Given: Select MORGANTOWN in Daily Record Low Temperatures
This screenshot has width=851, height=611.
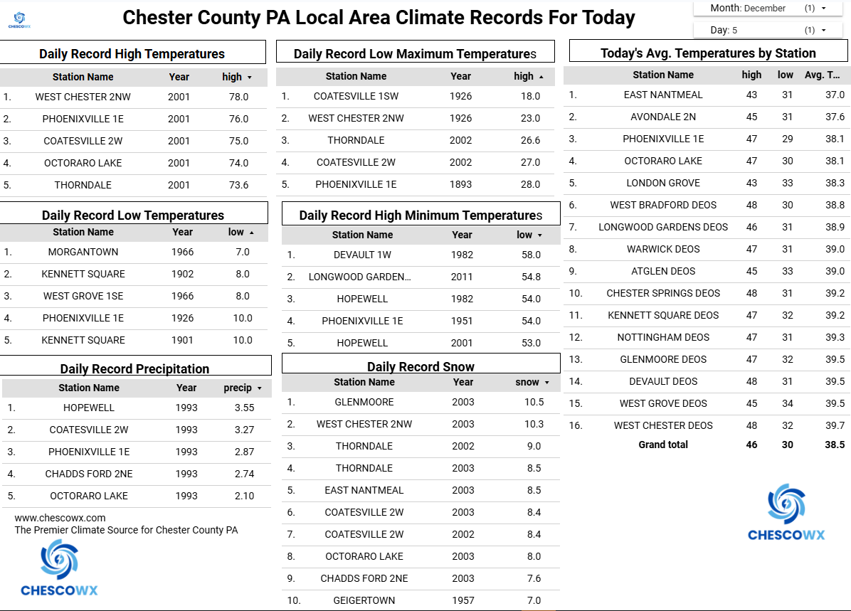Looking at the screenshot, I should pos(83,252).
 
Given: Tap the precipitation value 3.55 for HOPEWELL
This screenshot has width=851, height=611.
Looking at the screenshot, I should pos(244,408).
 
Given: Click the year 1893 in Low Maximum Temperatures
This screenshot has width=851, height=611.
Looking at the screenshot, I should pos(460,184).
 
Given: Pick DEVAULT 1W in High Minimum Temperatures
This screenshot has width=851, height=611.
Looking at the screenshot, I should pos(362,255).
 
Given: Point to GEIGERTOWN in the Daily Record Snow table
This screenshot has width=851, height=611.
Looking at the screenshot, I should pos(364,600).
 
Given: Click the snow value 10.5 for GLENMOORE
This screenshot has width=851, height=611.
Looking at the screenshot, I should pos(534,402).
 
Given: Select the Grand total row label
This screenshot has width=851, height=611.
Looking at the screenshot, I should pos(663,445).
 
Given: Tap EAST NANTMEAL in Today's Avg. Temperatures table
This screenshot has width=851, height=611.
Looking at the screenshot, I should pos(663,95).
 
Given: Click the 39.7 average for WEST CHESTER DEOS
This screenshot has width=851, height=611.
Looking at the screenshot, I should pos(835,425).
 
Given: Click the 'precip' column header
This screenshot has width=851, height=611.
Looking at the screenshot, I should pos(238,388).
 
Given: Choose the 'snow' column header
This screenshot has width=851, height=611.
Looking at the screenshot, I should pos(527,382).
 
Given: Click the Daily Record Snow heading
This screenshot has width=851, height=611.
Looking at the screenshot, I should pos(421,367).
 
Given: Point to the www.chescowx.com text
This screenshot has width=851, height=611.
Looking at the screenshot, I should pos(60,518).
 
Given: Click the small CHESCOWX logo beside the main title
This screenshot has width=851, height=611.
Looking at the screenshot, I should pos(19,19).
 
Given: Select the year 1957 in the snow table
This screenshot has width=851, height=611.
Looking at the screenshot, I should pos(462,600).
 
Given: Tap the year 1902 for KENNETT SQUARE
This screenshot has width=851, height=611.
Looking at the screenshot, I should pos(182,274).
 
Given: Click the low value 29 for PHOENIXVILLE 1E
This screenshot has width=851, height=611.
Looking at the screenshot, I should pos(785,139).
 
